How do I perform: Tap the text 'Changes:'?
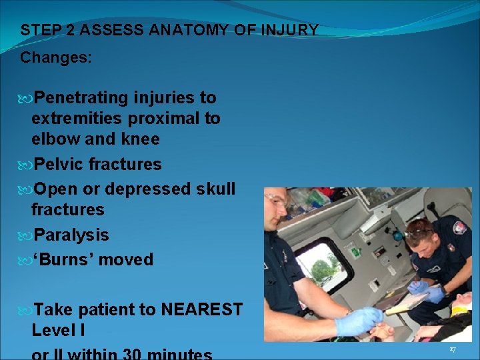click(56, 58)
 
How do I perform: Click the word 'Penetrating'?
click(81, 98)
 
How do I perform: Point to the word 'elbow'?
click(53, 139)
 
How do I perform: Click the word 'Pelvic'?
click(58, 164)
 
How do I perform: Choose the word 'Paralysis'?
click(71, 235)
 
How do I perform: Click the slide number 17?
click(452, 349)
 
